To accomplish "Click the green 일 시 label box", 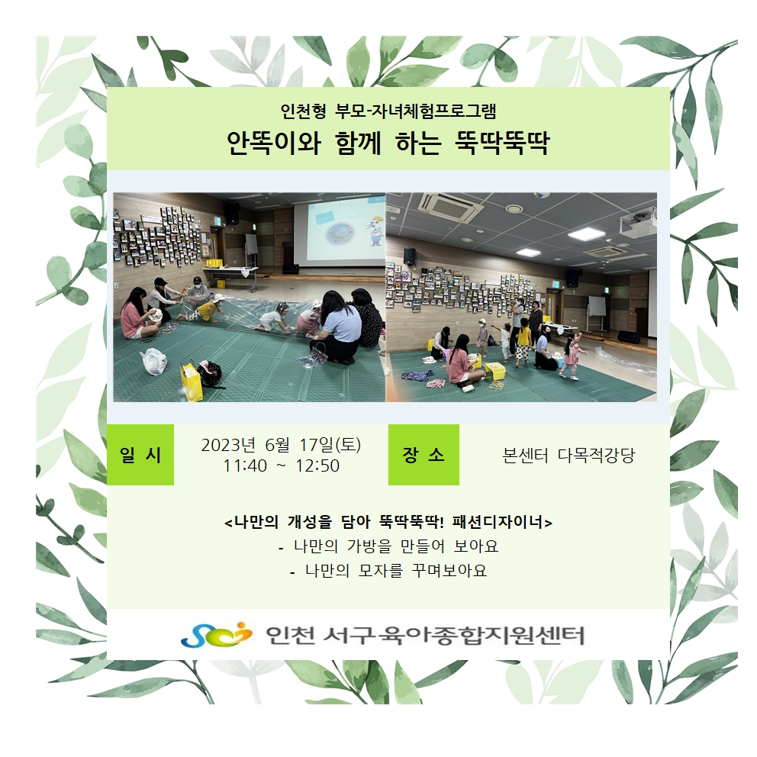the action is pos(140,454).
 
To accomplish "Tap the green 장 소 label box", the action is pos(424,454).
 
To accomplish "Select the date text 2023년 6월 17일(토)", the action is pos(281,444).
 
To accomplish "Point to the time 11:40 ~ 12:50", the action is pos(281,465).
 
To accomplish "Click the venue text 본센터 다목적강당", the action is pos(569,455).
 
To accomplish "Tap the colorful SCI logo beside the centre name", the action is pos(216,634).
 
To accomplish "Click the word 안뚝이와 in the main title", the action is pos(274,143).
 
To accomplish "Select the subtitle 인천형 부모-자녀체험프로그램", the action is pos(388,111).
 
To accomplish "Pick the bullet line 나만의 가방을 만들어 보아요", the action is pos(388,546).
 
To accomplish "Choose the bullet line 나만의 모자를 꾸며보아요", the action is pos(388,570).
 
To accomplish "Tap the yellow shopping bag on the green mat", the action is pos(192,382).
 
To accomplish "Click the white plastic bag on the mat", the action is pos(153,362).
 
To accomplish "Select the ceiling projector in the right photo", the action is pos(638,224).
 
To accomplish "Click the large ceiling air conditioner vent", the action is pos(451,208).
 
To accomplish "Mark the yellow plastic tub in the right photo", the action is pos(494,370).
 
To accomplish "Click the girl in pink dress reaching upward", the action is pos(572,356).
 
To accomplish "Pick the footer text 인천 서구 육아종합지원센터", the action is pos(425,635).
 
